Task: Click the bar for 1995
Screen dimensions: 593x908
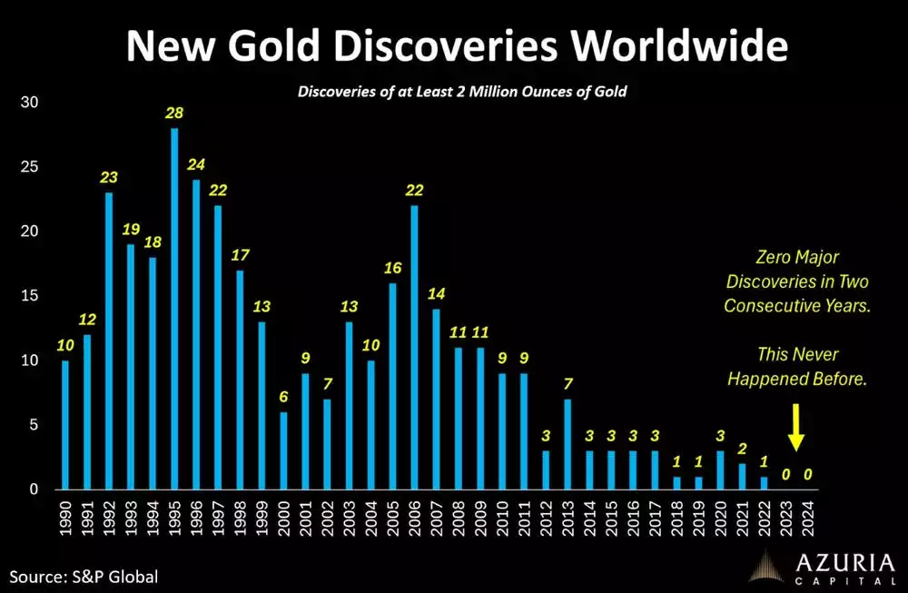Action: (174, 309)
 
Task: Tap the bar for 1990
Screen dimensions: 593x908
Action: (64, 425)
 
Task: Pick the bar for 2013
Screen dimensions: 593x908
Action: (568, 444)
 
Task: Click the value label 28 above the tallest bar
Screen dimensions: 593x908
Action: (173, 113)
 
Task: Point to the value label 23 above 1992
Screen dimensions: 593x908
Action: (108, 178)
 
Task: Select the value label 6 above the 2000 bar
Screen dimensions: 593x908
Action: (283, 397)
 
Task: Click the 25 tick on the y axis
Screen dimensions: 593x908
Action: (31, 167)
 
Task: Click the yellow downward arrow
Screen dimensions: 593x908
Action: (796, 426)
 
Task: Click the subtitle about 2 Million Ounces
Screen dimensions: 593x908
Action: (463, 92)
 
